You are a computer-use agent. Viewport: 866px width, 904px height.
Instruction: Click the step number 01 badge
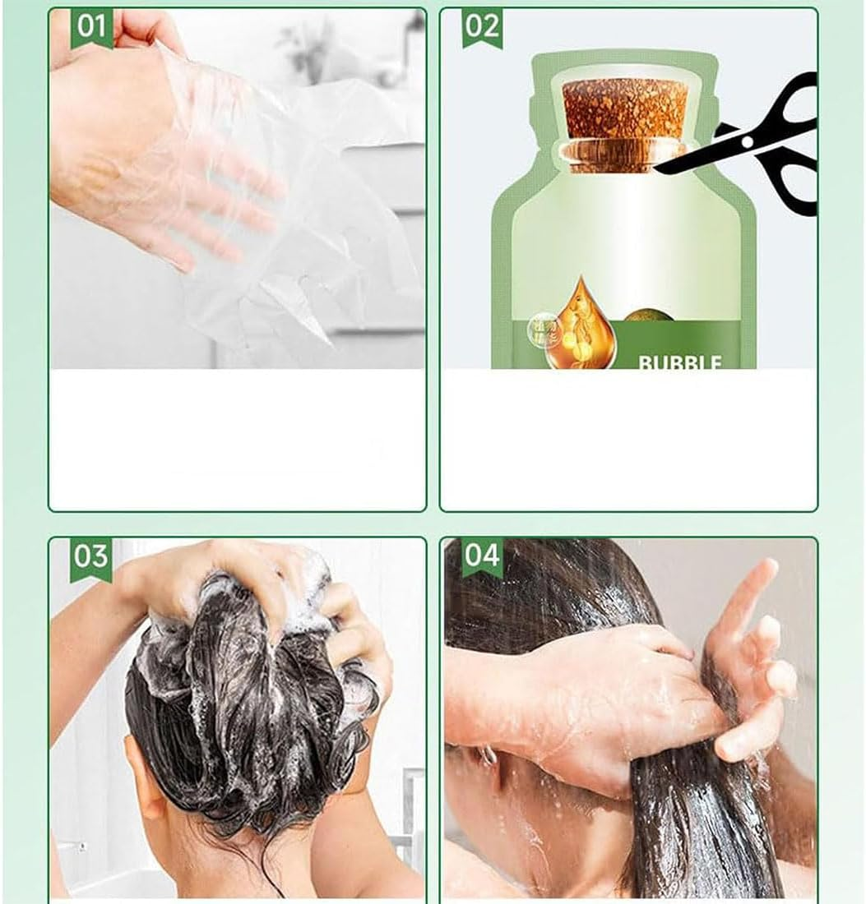point(91,27)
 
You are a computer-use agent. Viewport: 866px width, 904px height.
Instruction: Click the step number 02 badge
point(482,27)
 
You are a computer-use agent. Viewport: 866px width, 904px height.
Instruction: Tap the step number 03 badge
point(91,557)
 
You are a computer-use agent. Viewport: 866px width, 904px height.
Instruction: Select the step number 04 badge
point(482,557)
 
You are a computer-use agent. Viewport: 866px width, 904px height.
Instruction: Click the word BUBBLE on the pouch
point(679,362)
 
